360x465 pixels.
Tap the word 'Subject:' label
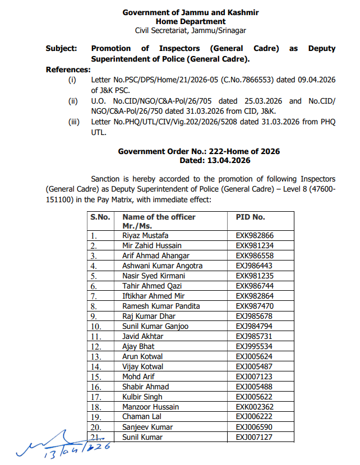62,49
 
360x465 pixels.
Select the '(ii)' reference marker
73,101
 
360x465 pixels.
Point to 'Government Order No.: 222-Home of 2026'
199,152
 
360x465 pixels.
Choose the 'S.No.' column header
100,217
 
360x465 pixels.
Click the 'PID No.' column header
250,217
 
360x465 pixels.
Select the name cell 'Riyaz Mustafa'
145,236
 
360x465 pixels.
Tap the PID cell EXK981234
255,246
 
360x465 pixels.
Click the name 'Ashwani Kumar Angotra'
163,266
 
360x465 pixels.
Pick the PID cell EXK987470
255,306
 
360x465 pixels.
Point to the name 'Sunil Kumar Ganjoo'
155,327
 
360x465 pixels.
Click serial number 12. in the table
98,347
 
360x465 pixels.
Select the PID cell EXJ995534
255,347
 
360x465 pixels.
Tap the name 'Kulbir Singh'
142,397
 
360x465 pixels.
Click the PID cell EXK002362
255,407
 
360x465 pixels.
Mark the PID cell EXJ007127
255,438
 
